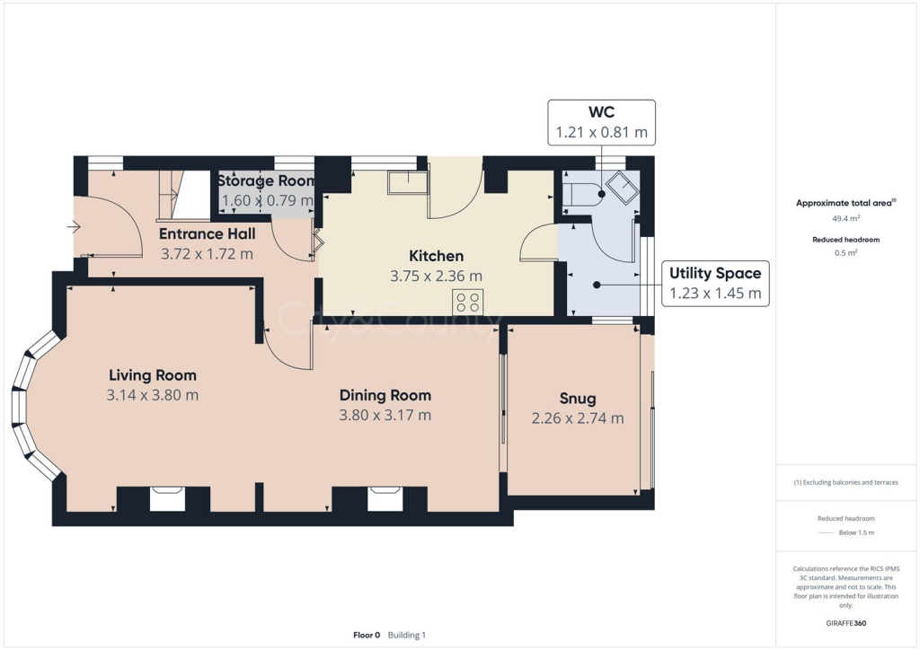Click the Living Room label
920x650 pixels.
pos(153,375)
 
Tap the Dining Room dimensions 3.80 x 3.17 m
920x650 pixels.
pos(385,415)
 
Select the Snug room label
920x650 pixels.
pos(577,399)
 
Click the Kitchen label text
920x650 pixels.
pos(436,256)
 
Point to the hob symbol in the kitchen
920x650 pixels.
pos(468,302)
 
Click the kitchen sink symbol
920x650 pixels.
pos(408,183)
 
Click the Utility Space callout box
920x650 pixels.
pos(715,283)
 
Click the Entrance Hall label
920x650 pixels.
pos(207,234)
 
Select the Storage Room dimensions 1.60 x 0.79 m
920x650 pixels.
pos(265,200)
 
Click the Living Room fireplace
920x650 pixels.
pos(166,498)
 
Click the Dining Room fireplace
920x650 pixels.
pos(385,498)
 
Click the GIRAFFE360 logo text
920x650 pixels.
pos(846,622)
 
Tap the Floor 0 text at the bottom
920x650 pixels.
pos(367,635)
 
